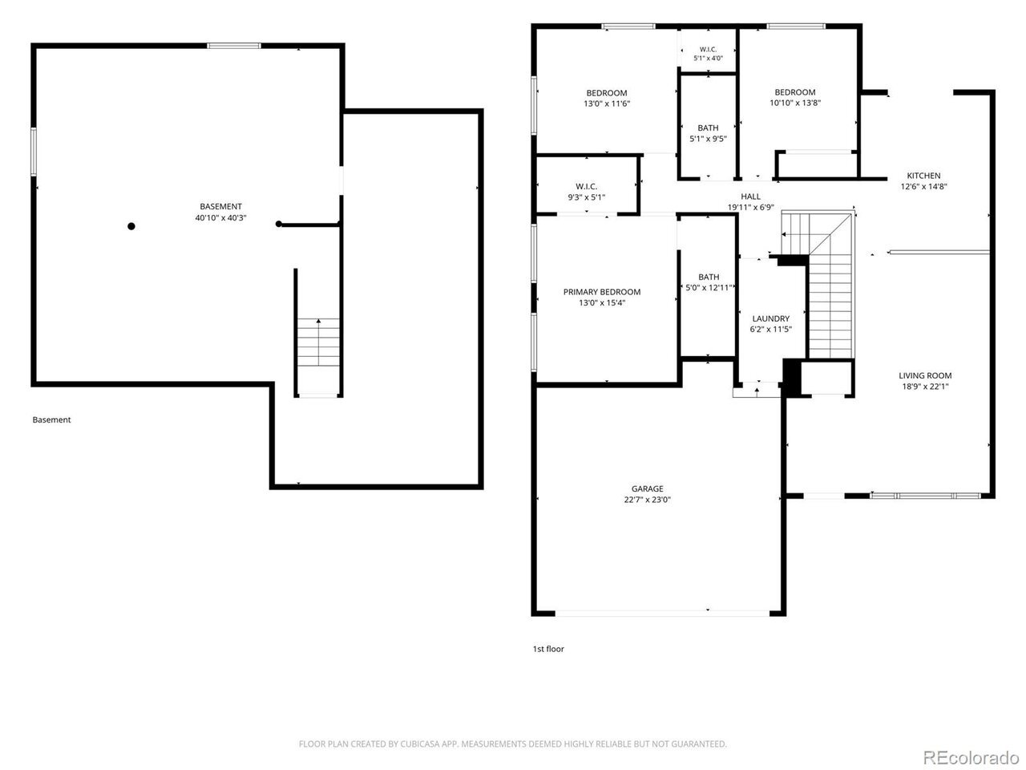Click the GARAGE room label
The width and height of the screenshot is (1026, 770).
[647, 488]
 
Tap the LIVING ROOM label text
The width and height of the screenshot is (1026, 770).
[924, 375]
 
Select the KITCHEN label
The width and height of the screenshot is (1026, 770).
[923, 176]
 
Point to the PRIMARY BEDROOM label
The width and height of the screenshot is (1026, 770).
[602, 292]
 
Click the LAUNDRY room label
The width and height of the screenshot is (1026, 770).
[770, 318]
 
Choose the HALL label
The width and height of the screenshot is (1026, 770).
[750, 197]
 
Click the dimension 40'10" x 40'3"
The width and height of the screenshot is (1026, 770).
[220, 217]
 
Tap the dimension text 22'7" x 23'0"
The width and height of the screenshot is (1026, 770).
[647, 500]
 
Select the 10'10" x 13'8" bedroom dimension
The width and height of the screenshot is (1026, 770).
[794, 103]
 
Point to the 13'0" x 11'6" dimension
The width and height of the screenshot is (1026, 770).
[607, 103]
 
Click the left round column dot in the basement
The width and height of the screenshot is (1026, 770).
[131, 226]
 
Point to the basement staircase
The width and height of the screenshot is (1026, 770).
[318, 342]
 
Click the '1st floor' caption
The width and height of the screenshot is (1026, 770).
[548, 648]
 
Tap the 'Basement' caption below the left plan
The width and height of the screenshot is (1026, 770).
[51, 419]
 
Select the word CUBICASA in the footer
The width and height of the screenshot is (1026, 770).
[419, 744]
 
